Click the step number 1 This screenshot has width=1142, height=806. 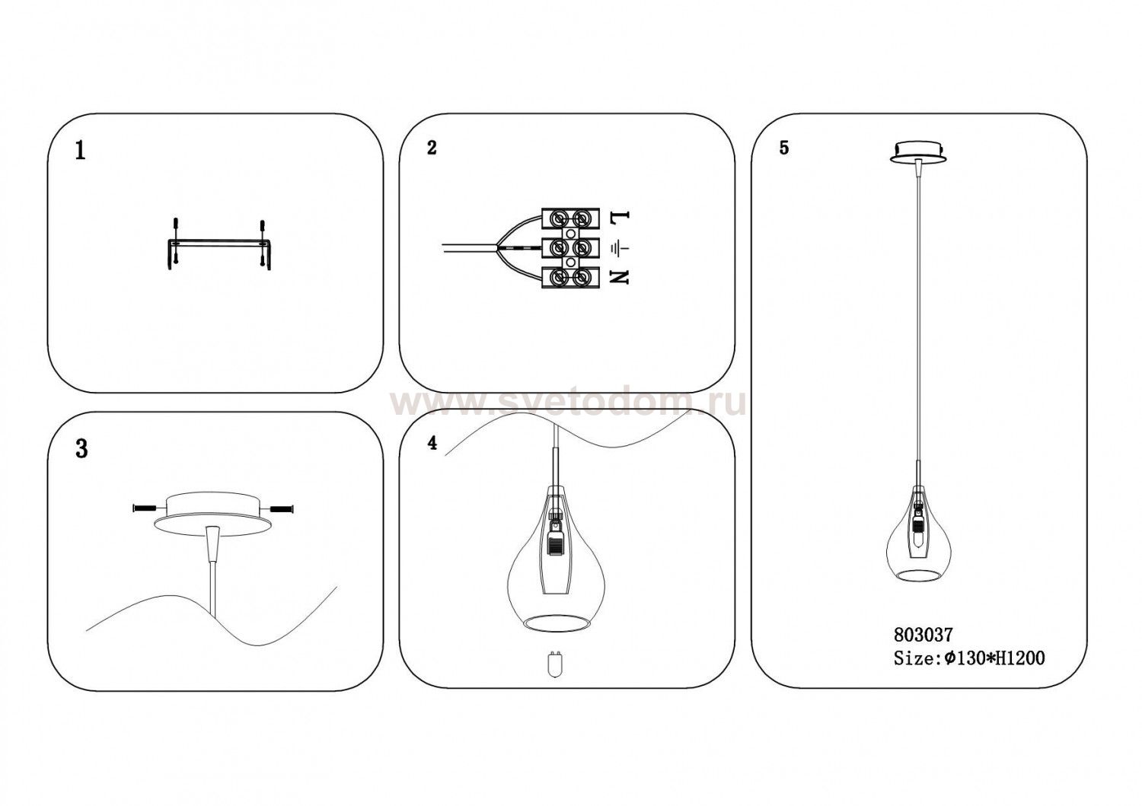pyautogui.click(x=80, y=151)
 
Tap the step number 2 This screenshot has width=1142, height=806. pyautogui.click(x=432, y=148)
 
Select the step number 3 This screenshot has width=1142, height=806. pyautogui.click(x=81, y=448)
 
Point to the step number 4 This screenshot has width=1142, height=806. pyautogui.click(x=432, y=443)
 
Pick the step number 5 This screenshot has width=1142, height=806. pyautogui.click(x=784, y=148)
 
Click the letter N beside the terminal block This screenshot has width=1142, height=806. pyautogui.click(x=619, y=278)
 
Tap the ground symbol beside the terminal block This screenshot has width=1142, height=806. pyautogui.click(x=619, y=248)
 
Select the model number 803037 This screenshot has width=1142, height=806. pyautogui.click(x=923, y=635)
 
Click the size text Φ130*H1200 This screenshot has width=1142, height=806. pyautogui.click(x=994, y=658)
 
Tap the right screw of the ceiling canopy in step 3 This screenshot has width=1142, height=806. pyautogui.click(x=282, y=508)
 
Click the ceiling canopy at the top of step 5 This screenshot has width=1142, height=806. pyautogui.click(x=918, y=152)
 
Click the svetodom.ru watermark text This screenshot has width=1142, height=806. pyautogui.click(x=567, y=404)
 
